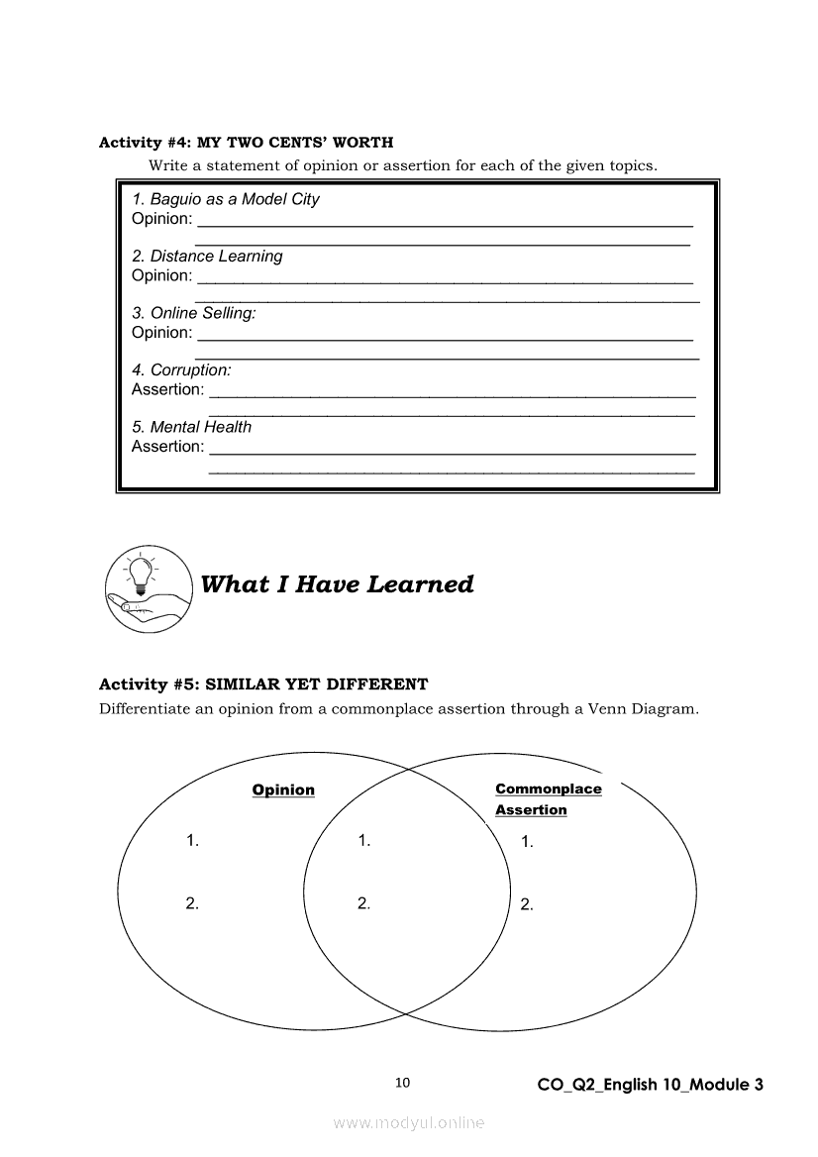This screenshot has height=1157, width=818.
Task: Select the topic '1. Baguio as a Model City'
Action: [x=226, y=199]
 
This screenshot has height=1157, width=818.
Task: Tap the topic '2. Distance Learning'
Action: [x=207, y=257]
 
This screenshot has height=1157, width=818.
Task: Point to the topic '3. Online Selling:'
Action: [x=194, y=313]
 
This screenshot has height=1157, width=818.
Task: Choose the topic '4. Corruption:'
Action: [x=181, y=370]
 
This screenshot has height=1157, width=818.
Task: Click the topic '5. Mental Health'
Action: [x=192, y=427]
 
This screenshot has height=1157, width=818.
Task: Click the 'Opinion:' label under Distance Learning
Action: [x=162, y=275]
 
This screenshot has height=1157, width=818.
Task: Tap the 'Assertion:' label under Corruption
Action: [x=168, y=389]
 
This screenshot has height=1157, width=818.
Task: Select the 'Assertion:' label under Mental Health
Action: [x=168, y=447]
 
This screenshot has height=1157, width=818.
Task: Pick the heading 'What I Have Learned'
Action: [x=337, y=584]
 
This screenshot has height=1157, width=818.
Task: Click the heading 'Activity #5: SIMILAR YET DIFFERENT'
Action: [x=263, y=684]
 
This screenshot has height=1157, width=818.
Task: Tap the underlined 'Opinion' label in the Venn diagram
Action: [x=283, y=789]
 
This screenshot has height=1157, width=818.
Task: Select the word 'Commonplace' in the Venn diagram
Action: [x=548, y=789]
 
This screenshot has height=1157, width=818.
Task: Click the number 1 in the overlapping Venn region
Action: [x=363, y=840]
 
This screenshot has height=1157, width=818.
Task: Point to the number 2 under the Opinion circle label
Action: [x=192, y=902]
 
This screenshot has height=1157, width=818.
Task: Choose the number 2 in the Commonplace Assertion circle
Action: [x=527, y=904]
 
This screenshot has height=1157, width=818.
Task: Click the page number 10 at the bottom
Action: [x=402, y=1083]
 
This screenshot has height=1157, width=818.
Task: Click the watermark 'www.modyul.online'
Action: [x=409, y=1123]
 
